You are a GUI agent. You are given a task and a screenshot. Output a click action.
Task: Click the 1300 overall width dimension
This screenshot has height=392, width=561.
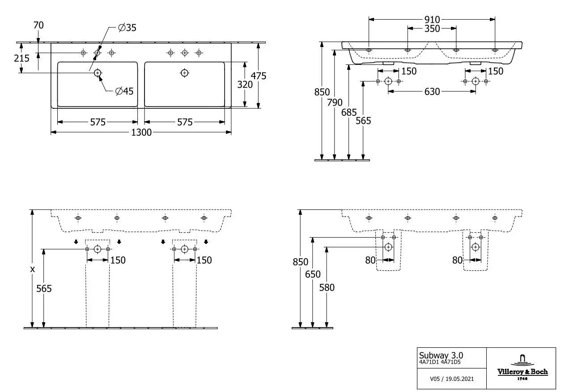(141, 132)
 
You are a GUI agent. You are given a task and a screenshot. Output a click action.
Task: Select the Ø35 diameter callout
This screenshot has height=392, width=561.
(127, 28)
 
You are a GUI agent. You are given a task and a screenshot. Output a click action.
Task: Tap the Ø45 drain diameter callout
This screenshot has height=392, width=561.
(124, 91)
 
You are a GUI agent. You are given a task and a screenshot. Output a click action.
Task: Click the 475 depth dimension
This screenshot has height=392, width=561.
(259, 76)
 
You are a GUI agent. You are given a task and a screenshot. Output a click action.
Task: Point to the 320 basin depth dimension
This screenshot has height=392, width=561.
(245, 85)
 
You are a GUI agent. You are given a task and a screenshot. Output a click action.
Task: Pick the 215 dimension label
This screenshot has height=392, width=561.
(21, 58)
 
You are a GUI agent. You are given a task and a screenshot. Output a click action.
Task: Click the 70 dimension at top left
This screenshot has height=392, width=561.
(38, 25)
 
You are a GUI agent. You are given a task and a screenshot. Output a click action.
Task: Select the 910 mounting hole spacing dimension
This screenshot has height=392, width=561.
(432, 19)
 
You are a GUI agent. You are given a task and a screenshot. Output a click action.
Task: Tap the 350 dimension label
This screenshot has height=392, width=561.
(432, 29)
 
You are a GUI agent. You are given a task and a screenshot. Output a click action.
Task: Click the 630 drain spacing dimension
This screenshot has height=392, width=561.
(432, 92)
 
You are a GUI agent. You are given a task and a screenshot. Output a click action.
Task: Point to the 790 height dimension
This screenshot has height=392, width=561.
(335, 102)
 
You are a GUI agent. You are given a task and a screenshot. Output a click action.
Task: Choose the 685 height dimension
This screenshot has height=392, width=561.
(349, 112)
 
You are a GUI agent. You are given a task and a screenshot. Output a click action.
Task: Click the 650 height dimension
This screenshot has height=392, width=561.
(313, 274)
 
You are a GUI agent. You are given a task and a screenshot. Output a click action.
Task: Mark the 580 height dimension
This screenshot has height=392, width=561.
(327, 288)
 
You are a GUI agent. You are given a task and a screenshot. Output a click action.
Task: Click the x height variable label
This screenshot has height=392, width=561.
(32, 269)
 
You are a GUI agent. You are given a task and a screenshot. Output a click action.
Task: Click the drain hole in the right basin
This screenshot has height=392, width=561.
(185, 73)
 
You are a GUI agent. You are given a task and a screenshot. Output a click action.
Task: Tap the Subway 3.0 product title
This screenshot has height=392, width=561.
(441, 355)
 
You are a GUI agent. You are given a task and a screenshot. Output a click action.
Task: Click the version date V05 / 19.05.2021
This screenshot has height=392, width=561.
(452, 379)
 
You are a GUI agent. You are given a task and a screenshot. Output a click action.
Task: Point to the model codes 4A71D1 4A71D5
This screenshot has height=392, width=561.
(440, 362)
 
